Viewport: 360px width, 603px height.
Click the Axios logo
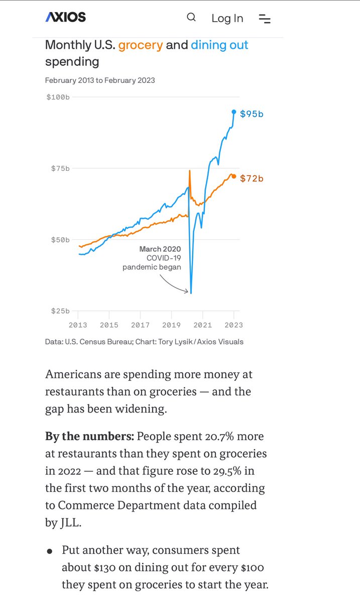[x=66, y=17]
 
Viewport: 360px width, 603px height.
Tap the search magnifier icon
[x=191, y=18]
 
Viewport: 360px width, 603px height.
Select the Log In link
[x=227, y=18]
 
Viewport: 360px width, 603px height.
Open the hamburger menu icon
[x=265, y=19]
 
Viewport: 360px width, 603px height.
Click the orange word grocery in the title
[x=141, y=45]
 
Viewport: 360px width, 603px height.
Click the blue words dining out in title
[x=219, y=45]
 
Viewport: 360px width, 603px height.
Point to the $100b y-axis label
[x=58, y=96]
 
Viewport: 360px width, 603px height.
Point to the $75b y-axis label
[x=60, y=168]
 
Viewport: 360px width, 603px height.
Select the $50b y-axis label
[x=60, y=239]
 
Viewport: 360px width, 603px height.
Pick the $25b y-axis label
[x=60, y=311]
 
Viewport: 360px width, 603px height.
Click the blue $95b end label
[x=252, y=114]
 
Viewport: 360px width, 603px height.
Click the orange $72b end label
[x=252, y=178]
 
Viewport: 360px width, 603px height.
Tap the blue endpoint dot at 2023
[x=233, y=112]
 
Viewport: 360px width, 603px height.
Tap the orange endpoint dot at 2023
[x=233, y=176]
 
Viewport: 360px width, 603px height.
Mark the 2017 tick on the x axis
[x=140, y=325]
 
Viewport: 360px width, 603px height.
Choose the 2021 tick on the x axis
[x=202, y=325]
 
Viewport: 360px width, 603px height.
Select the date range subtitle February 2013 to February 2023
[x=100, y=80]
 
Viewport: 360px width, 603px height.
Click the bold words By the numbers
[x=89, y=436]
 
